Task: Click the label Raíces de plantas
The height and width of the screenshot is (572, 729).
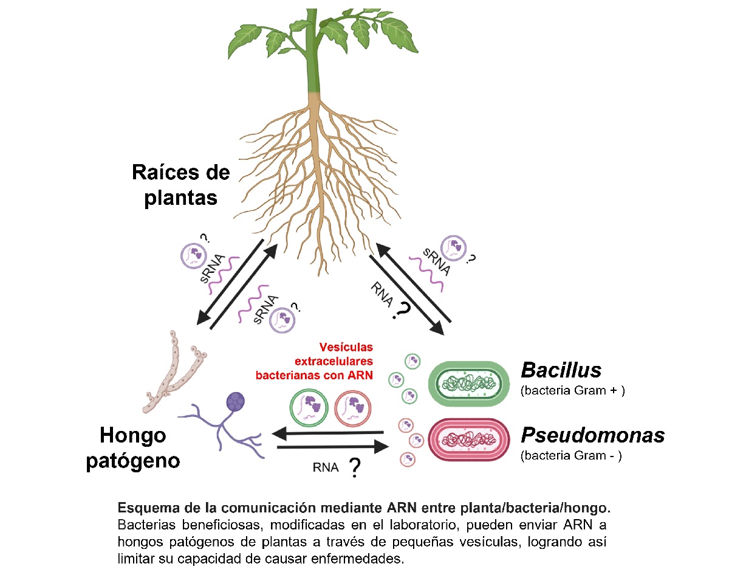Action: [x=181, y=185]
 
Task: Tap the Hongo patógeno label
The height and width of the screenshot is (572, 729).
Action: [x=133, y=447]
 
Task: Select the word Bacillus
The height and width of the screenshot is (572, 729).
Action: [x=561, y=370]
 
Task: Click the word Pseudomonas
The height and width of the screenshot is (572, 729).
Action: [x=592, y=435]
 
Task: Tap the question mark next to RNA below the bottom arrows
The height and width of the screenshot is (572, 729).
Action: [x=354, y=469]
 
